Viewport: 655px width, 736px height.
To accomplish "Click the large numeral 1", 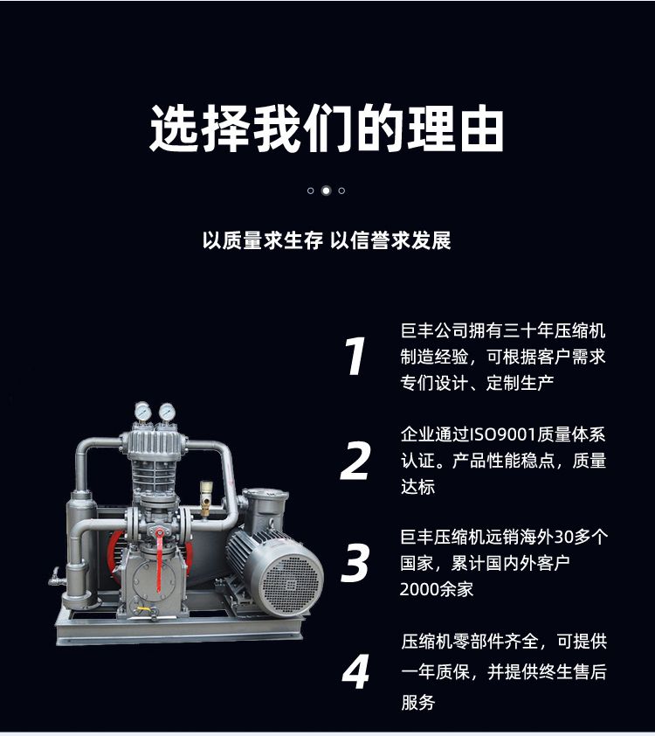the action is (355, 356).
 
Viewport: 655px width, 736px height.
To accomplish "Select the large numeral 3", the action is (355, 563).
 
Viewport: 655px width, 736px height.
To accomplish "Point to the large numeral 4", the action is (355, 670).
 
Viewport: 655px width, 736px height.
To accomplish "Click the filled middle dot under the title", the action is (326, 191).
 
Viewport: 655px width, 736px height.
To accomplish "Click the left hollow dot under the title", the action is (310, 191).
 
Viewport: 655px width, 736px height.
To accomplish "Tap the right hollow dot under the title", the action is (341, 191).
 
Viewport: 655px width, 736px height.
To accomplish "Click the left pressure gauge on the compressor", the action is (142, 412).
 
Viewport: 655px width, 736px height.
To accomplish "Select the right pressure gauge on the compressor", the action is (167, 412).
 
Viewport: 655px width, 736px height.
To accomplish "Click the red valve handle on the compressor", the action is (160, 559).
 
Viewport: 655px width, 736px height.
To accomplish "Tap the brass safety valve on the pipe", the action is (205, 498).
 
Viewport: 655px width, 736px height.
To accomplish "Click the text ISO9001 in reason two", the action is (503, 434).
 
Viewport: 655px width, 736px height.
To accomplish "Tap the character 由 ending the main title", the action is (481, 128).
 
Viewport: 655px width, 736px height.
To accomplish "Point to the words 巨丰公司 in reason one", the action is (434, 331).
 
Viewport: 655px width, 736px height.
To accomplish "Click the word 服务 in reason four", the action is (417, 702).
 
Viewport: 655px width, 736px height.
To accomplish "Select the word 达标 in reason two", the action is (417, 487).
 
